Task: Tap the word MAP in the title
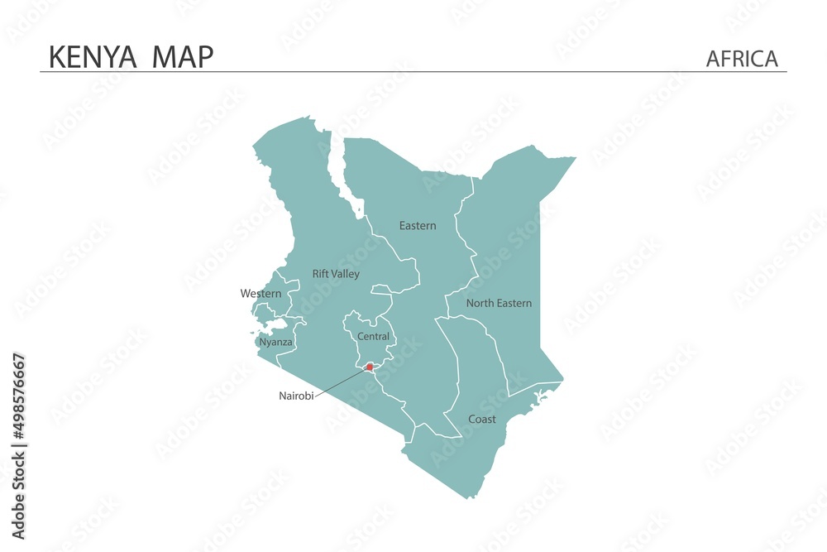(x=183, y=57)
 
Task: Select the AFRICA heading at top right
(x=742, y=59)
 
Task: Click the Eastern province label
(x=418, y=226)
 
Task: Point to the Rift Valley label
(x=336, y=274)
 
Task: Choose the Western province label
(x=261, y=294)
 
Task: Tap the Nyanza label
(x=275, y=342)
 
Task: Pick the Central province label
(x=373, y=337)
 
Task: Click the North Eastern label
(x=499, y=304)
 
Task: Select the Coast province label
(x=482, y=420)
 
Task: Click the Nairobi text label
(x=296, y=396)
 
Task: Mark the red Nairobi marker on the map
(x=370, y=367)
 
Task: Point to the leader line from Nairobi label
(x=339, y=382)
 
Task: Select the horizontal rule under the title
(x=413, y=72)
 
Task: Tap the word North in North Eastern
(x=480, y=304)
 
